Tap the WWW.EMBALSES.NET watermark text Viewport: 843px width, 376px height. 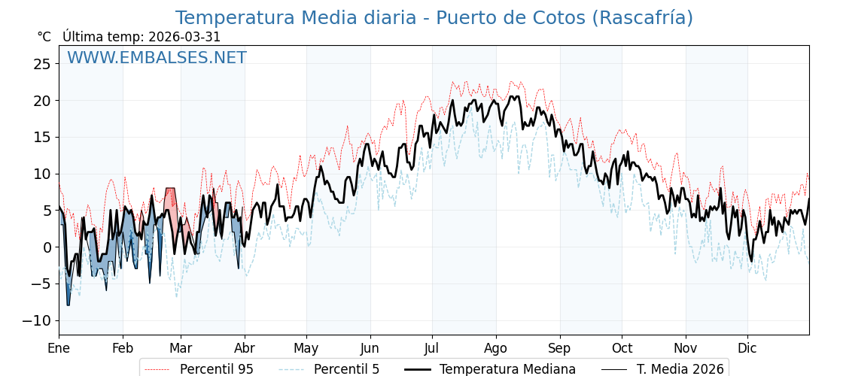[x=157, y=58]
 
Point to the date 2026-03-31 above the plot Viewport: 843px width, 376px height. [x=184, y=37]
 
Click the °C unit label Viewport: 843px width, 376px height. [x=44, y=37]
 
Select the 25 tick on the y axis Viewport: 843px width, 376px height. [x=42, y=64]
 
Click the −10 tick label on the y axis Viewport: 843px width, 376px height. [x=37, y=320]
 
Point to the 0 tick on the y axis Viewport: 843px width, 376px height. [x=47, y=247]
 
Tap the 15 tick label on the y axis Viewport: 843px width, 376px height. [x=42, y=137]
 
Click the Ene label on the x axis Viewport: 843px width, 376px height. [x=59, y=349]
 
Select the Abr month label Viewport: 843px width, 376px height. [x=245, y=349]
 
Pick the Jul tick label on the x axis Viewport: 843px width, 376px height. [x=432, y=349]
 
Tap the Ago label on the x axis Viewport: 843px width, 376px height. [x=496, y=349]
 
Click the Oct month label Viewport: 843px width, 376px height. [x=622, y=349]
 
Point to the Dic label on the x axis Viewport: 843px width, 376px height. [x=747, y=349]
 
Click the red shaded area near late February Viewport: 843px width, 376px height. [x=170, y=202]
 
